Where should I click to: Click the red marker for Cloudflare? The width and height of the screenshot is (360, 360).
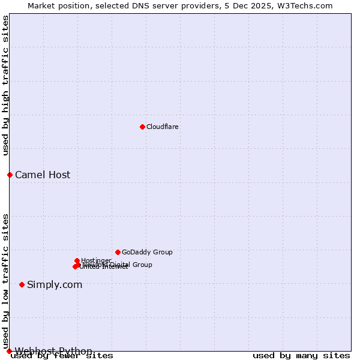pyautogui.click(x=142, y=127)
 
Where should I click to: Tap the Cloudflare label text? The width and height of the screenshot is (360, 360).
pyautogui.click(x=163, y=127)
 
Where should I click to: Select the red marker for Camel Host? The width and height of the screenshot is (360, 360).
pyautogui.click(x=10, y=175)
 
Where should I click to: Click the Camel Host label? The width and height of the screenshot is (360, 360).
pyautogui.click(x=43, y=175)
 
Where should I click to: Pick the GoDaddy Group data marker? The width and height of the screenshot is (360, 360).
pyautogui.click(x=118, y=252)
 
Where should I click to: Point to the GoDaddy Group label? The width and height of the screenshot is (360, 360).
pyautogui.click(x=147, y=253)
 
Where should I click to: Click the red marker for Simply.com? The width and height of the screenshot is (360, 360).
pyautogui.click(x=22, y=284)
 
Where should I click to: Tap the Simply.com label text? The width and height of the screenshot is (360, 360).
pyautogui.click(x=55, y=285)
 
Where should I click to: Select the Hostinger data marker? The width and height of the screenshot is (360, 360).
pyautogui.click(x=77, y=260)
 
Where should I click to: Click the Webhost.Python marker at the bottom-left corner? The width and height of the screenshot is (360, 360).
pyautogui.click(x=9, y=351)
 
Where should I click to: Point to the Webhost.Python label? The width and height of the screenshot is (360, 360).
pyautogui.click(x=53, y=351)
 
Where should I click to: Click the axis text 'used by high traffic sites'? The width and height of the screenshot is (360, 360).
pyautogui.click(x=6, y=85)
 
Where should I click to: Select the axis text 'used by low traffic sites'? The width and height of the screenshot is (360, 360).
pyautogui.click(x=6, y=281)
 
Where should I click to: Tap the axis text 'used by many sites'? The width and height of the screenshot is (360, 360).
pyautogui.click(x=301, y=356)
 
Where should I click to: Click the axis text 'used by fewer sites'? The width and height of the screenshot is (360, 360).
pyautogui.click(x=62, y=356)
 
